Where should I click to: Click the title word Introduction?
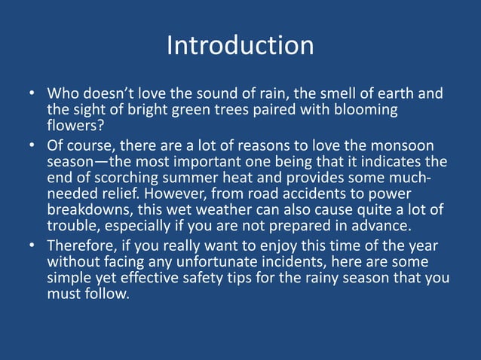pyautogui.click(x=240, y=45)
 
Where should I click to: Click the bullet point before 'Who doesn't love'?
pyautogui.click(x=33, y=96)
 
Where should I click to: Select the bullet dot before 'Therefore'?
pyautogui.click(x=33, y=246)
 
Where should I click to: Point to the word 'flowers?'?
pyautogui.click(x=72, y=126)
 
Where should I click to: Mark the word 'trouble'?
pyautogui.click(x=72, y=224)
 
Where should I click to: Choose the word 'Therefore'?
pyautogui.click(x=83, y=246)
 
